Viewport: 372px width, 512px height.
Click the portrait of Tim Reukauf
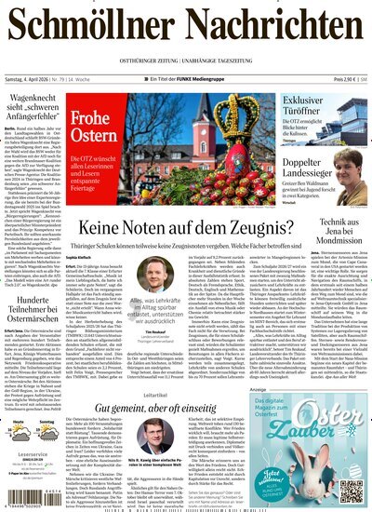tap(154, 275)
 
